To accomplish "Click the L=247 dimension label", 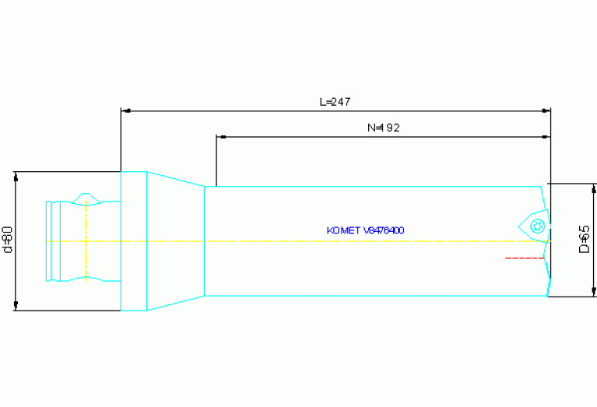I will [335, 102].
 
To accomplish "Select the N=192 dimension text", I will [383, 128].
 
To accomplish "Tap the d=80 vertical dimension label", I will [8, 239].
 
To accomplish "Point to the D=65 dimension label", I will [585, 239].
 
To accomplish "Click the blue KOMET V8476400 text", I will [365, 230].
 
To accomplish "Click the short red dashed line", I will [524, 257].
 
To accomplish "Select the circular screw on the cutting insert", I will [536, 226].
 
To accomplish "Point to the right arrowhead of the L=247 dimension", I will [546, 111].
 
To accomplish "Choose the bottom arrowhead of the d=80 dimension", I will [16, 306].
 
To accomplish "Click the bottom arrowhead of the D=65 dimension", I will [594, 292].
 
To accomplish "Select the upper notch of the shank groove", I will [85, 199].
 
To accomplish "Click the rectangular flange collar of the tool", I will [134, 240].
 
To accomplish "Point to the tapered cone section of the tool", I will [175, 240].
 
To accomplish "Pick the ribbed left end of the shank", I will [53, 240].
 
